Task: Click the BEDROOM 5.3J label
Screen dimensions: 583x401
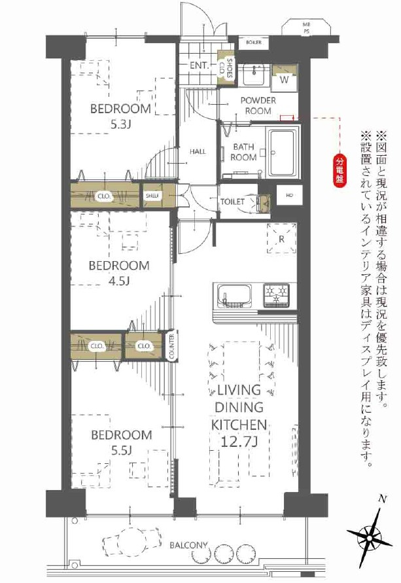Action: click(x=120, y=115)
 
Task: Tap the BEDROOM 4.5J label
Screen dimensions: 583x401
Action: click(x=120, y=273)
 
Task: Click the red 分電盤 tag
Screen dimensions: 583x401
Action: click(x=340, y=171)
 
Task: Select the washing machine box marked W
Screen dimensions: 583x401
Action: click(x=285, y=79)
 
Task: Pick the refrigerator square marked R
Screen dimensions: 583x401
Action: click(x=281, y=239)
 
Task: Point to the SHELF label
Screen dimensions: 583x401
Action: click(x=152, y=196)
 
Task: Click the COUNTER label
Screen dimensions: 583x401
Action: click(x=171, y=347)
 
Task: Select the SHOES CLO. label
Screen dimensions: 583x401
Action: click(x=226, y=67)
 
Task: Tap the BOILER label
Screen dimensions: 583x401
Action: click(x=254, y=43)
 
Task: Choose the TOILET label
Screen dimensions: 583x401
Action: click(x=232, y=202)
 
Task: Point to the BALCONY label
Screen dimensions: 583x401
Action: click(x=188, y=544)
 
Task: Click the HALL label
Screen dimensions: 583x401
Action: click(x=198, y=152)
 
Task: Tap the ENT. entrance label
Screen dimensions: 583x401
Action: click(x=199, y=65)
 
